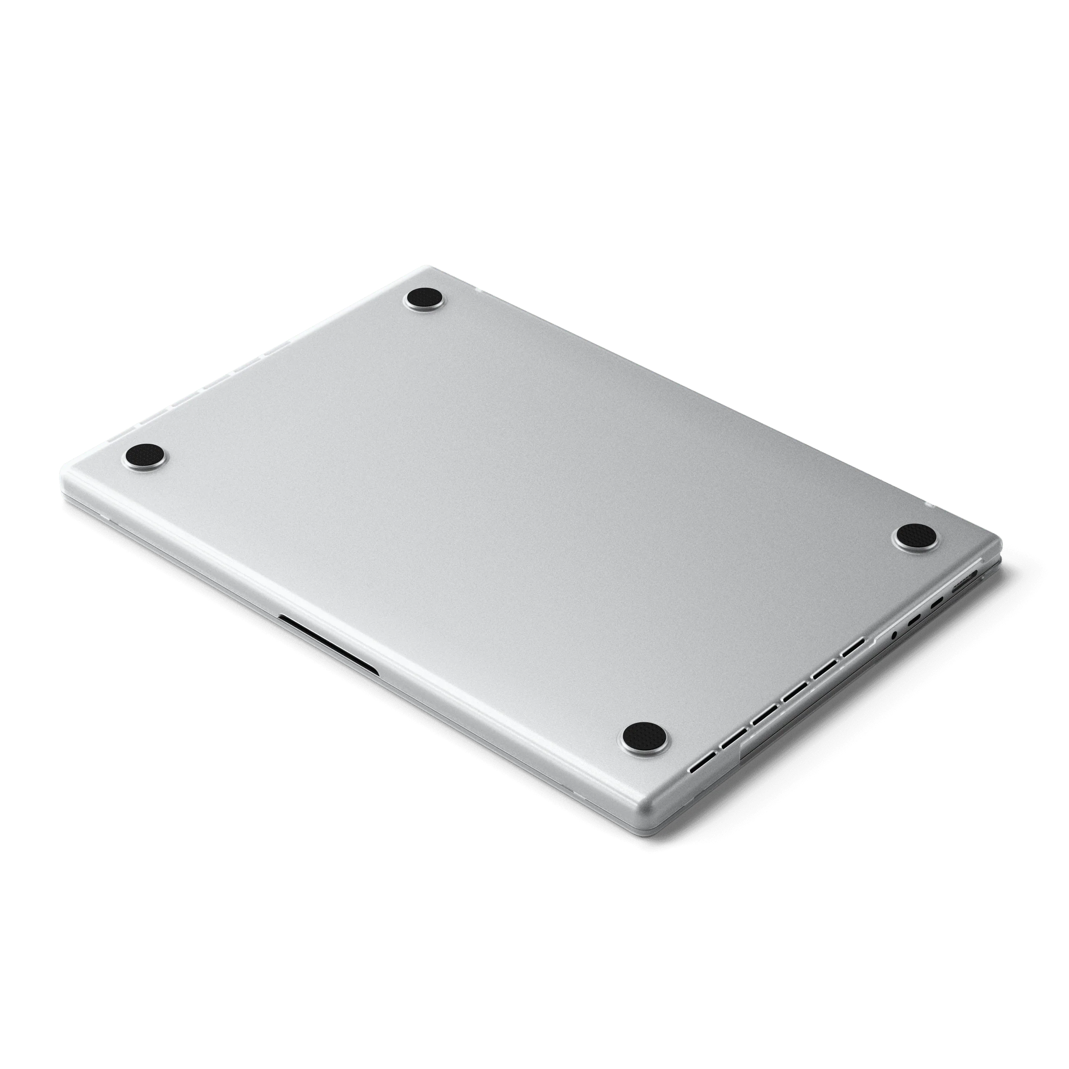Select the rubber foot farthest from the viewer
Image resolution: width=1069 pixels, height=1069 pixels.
coord(424,299)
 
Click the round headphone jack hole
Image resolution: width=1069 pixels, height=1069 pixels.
coord(894,636)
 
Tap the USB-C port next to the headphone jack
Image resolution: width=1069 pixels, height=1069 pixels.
coord(915,620)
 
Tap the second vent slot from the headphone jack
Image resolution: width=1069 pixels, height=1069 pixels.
coord(825,670)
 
